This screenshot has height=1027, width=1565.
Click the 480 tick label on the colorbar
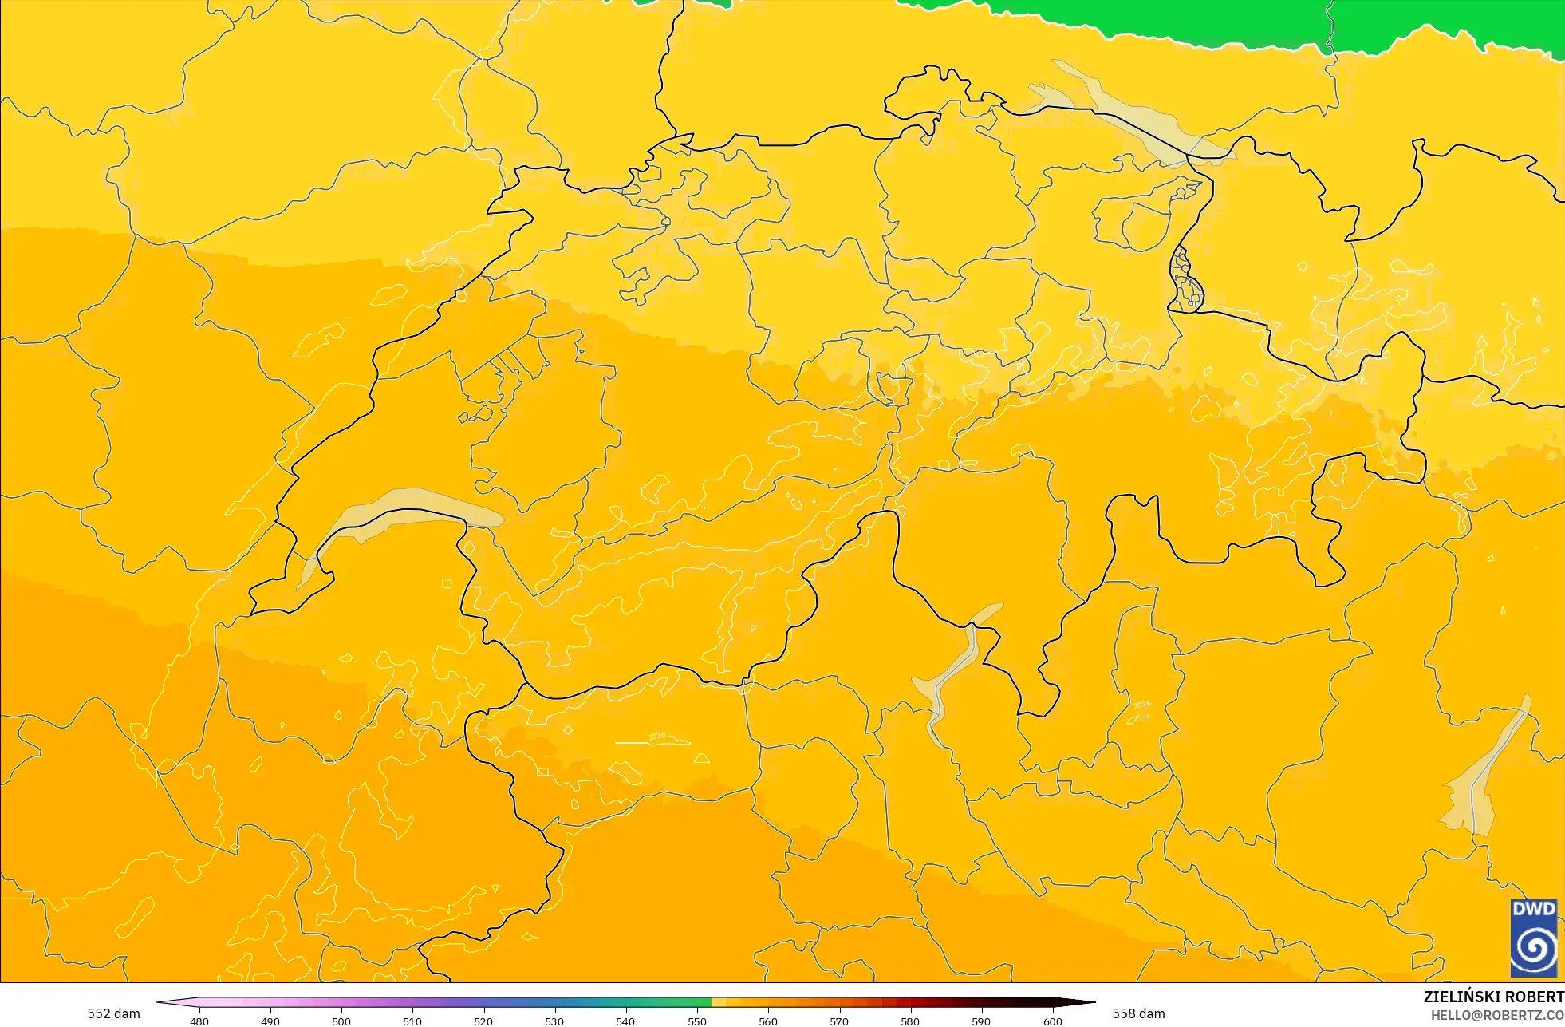[x=199, y=1021]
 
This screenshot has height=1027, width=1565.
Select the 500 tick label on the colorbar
[x=341, y=1021]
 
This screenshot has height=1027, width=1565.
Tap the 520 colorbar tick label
[x=483, y=1021]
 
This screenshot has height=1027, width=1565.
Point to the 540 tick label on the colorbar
[x=625, y=1021]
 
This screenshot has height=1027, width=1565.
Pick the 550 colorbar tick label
[x=697, y=1021]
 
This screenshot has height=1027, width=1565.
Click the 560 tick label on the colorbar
[x=768, y=1021]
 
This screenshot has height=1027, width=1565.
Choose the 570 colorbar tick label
[x=839, y=1021]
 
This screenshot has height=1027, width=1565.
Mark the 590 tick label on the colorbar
[x=981, y=1021]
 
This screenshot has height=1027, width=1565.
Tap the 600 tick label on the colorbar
[x=1053, y=1021]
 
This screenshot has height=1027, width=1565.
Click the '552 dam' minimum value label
[x=113, y=1013]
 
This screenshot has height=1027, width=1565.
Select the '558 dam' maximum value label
[x=1138, y=1013]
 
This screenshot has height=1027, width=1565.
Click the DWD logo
[x=1533, y=938]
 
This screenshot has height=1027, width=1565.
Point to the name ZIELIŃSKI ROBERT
[x=1493, y=997]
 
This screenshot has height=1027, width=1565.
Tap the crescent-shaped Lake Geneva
[x=399, y=507]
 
